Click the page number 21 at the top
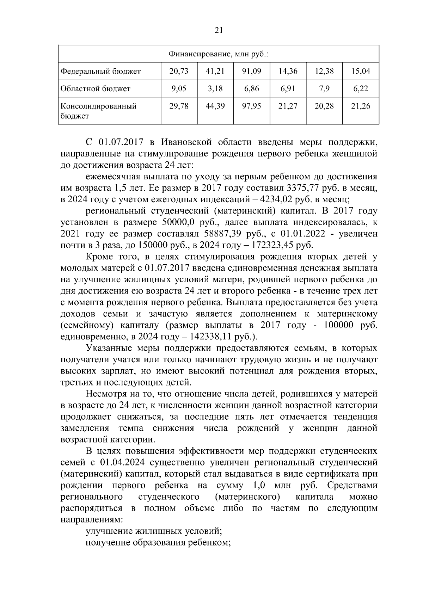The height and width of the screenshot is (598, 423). tap(219, 31)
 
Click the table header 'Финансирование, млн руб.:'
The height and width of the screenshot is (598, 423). tap(218, 54)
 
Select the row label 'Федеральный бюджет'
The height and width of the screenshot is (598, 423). tap(101, 72)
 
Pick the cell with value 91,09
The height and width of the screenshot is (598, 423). tap(251, 72)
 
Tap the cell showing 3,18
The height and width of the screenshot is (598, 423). tap(215, 88)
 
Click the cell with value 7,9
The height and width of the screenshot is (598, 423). tap(324, 88)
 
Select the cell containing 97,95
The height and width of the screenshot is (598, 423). tap(251, 106)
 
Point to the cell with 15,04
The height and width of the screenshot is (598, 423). tap(361, 72)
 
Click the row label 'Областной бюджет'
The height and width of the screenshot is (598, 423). tap(96, 88)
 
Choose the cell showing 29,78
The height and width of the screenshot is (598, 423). tap(179, 106)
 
